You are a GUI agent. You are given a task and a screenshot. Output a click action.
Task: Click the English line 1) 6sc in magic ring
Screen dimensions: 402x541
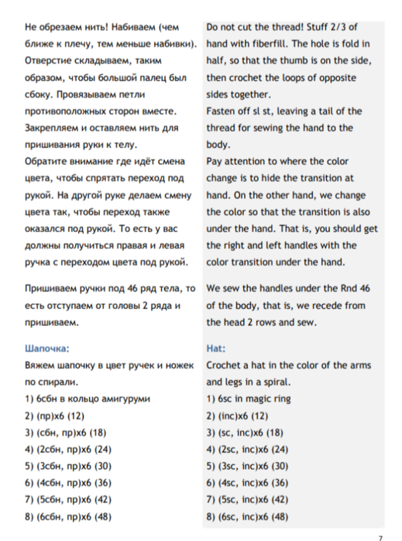point(248,399)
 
